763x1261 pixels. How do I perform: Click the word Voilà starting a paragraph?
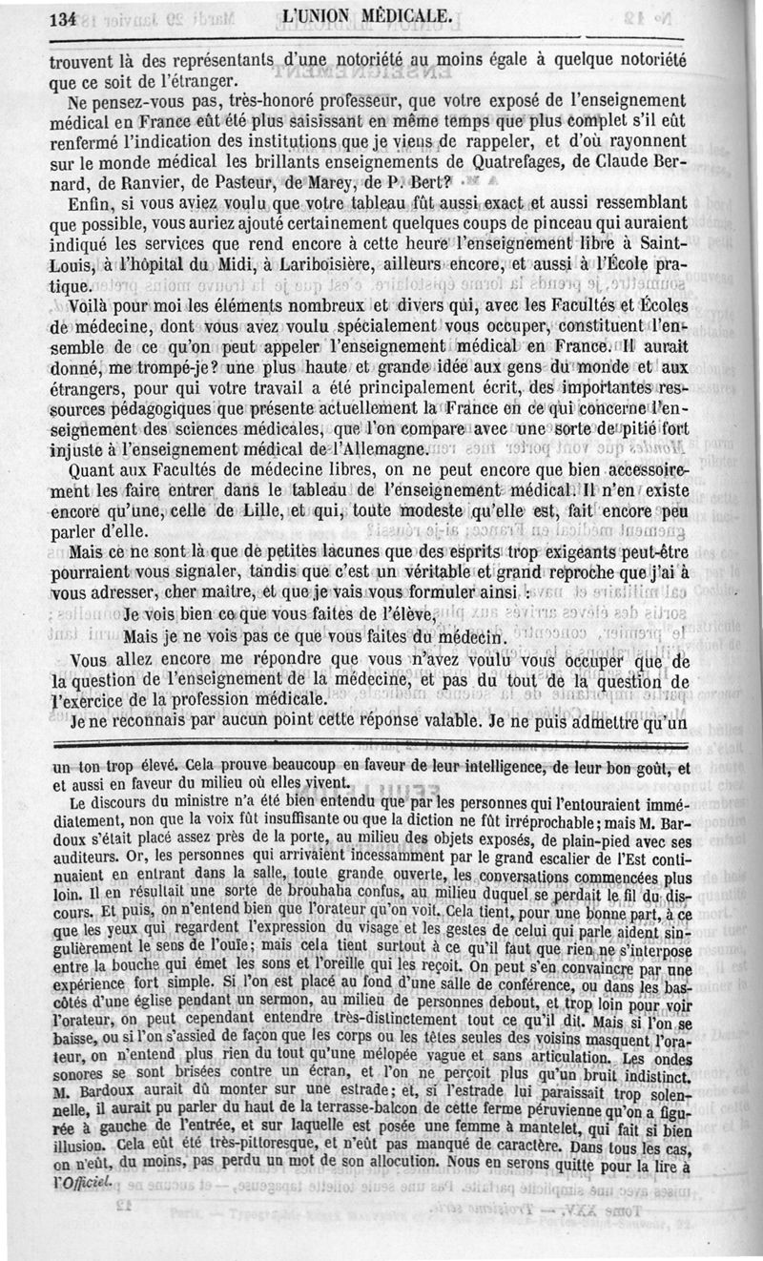pos(100,308)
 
